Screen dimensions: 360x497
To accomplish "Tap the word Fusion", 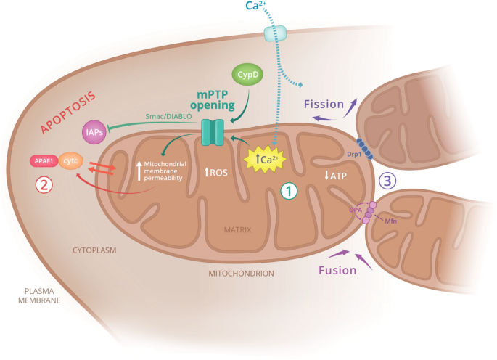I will [x=338, y=270].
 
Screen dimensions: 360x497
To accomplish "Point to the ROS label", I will [x=217, y=173].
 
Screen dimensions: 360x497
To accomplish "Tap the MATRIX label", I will [x=238, y=229].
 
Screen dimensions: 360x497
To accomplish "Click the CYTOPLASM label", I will [x=94, y=249].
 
